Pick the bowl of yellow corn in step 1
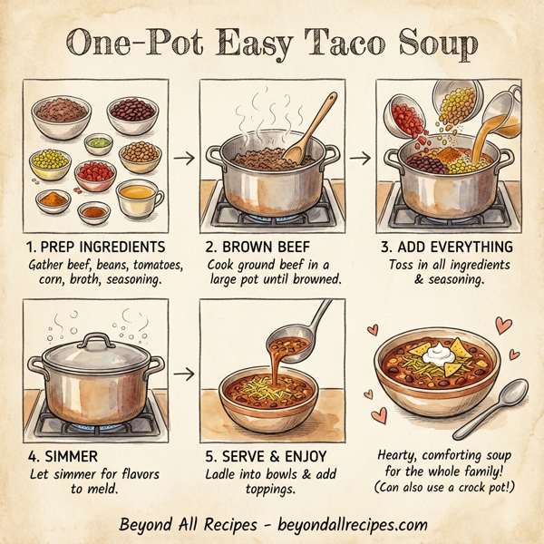[50, 163]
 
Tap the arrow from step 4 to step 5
[184, 372]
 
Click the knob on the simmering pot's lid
[96, 340]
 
